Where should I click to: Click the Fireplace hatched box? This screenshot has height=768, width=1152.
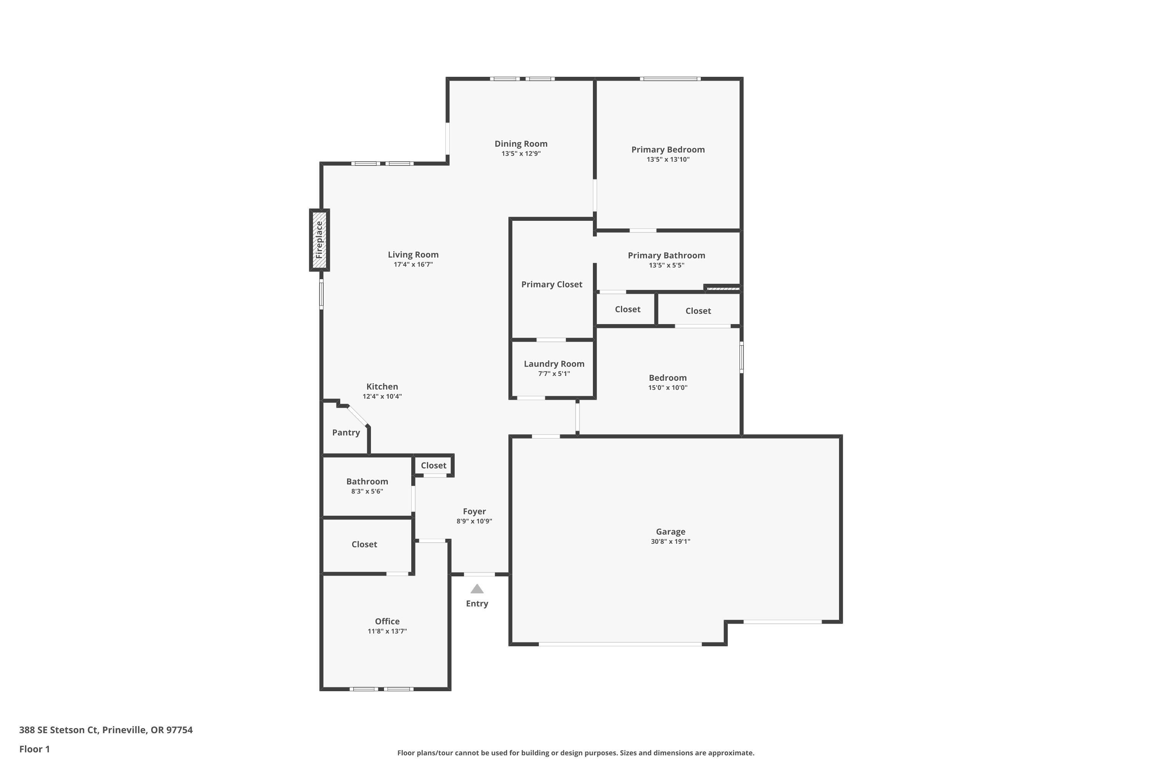pos(319,240)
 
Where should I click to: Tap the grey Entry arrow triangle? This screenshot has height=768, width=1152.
pos(477,589)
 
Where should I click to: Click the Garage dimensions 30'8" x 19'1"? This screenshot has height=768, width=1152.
pos(670,541)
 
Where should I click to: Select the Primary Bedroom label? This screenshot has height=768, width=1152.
pos(668,149)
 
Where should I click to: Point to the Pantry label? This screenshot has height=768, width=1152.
pos(346,432)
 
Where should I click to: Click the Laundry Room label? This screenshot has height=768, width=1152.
pos(554,363)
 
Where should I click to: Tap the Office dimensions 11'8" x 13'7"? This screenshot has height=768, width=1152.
pos(387,631)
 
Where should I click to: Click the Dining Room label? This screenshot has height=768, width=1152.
pos(521,144)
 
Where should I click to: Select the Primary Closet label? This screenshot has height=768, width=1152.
pos(551,284)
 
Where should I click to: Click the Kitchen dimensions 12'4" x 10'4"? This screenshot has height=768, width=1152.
pos(382,396)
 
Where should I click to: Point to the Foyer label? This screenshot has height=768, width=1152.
pos(474,511)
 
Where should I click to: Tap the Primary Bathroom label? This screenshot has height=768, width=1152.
pos(666,255)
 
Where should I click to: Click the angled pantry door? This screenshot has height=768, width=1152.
pos(358,415)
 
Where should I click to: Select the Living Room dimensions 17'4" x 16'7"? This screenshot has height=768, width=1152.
pos(413,265)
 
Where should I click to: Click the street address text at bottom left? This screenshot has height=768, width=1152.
pos(106,730)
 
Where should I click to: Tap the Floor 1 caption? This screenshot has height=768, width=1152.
pos(34,749)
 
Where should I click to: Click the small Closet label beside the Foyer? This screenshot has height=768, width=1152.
pos(434,465)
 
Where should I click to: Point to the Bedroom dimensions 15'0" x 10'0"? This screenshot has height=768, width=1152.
pos(668,387)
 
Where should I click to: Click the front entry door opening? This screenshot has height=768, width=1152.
pos(479,574)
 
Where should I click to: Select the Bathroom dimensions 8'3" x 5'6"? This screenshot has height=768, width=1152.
pos(367,491)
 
